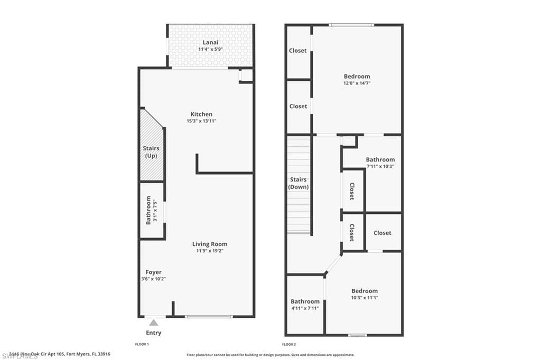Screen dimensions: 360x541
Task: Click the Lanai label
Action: pyautogui.click(x=210, y=42)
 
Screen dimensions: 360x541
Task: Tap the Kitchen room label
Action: pyautogui.click(x=201, y=114)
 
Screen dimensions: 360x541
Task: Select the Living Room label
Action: pyautogui.click(x=210, y=244)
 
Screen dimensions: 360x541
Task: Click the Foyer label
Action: pyautogui.click(x=153, y=272)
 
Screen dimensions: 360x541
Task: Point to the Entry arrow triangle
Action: pyautogui.click(x=153, y=322)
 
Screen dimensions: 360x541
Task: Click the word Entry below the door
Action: pyautogui.click(x=153, y=333)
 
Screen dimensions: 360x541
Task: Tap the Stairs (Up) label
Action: pyautogui.click(x=152, y=152)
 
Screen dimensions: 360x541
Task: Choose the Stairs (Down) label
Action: pyautogui.click(x=299, y=183)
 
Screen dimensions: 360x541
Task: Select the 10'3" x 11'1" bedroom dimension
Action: pyautogui.click(x=365, y=298)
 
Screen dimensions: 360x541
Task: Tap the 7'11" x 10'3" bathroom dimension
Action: pyautogui.click(x=380, y=166)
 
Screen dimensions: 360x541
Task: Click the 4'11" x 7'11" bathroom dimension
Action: pyautogui.click(x=305, y=308)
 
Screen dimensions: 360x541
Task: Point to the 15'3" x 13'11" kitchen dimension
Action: pyautogui.click(x=201, y=121)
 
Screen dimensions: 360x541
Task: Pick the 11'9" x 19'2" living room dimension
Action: pyautogui.click(x=210, y=251)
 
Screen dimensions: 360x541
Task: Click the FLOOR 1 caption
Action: pyautogui.click(x=143, y=344)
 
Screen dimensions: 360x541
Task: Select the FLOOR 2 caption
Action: pyautogui.click(x=289, y=344)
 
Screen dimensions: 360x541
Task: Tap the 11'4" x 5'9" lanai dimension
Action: pyautogui.click(x=210, y=49)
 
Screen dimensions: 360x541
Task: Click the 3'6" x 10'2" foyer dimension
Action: pyautogui.click(x=154, y=279)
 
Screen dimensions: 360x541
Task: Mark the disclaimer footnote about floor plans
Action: pyautogui.click(x=270, y=355)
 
